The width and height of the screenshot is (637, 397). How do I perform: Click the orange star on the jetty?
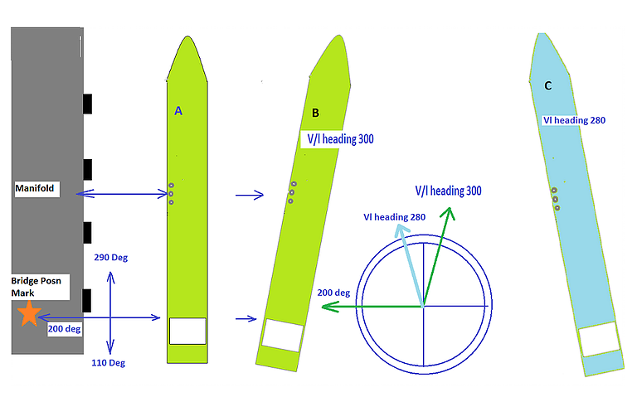[x=29, y=313]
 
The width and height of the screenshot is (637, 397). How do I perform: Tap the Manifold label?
[x=35, y=188]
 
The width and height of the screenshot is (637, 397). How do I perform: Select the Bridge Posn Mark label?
[x=36, y=287]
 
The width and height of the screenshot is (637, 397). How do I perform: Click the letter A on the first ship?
[x=178, y=111]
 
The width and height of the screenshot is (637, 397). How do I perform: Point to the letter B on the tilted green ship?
[x=315, y=113]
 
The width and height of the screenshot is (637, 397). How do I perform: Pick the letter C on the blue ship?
[x=548, y=85]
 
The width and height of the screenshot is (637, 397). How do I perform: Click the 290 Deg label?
[x=111, y=258]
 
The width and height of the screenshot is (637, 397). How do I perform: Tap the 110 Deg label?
[x=108, y=363]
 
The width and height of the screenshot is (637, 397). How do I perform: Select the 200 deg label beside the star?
[x=64, y=329]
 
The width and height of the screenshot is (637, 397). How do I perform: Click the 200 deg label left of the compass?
[x=333, y=293]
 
